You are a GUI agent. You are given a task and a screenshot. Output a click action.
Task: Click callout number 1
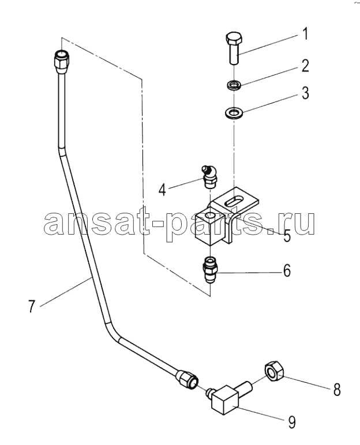[304, 34]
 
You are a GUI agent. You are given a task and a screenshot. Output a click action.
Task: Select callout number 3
[305, 93]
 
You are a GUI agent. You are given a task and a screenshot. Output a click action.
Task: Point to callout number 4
[162, 189]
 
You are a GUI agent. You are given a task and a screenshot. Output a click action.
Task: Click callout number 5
[287, 236]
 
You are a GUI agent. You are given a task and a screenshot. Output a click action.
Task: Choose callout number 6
[287, 270]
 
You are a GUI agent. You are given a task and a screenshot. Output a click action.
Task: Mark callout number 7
[32, 306]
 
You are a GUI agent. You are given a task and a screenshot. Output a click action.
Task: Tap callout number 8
[336, 390]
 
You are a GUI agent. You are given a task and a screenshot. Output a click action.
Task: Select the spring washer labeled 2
[234, 84]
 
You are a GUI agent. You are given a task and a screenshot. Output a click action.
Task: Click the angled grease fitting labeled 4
[209, 176]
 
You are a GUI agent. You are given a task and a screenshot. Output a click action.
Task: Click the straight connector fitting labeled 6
[210, 270]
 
